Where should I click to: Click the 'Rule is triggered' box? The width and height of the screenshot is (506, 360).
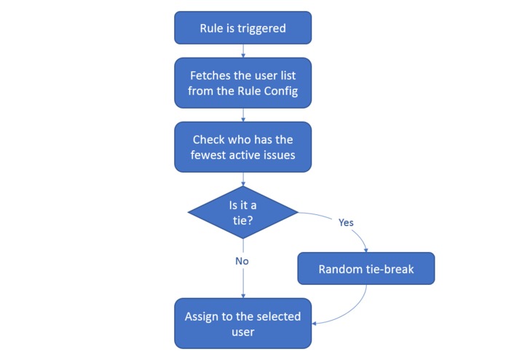click(x=242, y=28)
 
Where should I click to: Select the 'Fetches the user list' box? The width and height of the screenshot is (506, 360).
click(x=242, y=82)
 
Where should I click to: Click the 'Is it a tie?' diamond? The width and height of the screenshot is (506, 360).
click(x=242, y=212)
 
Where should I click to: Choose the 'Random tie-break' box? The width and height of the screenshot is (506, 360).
click(x=365, y=269)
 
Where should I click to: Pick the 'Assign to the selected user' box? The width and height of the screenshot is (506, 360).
click(x=242, y=324)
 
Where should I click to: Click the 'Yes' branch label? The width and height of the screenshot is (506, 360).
click(x=347, y=222)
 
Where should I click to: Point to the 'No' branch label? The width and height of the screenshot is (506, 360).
click(x=242, y=260)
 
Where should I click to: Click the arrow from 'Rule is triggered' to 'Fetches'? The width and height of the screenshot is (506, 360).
click(x=242, y=50)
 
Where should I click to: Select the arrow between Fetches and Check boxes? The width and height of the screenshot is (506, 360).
click(x=242, y=114)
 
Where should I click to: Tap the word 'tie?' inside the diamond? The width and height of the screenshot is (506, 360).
click(x=242, y=220)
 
